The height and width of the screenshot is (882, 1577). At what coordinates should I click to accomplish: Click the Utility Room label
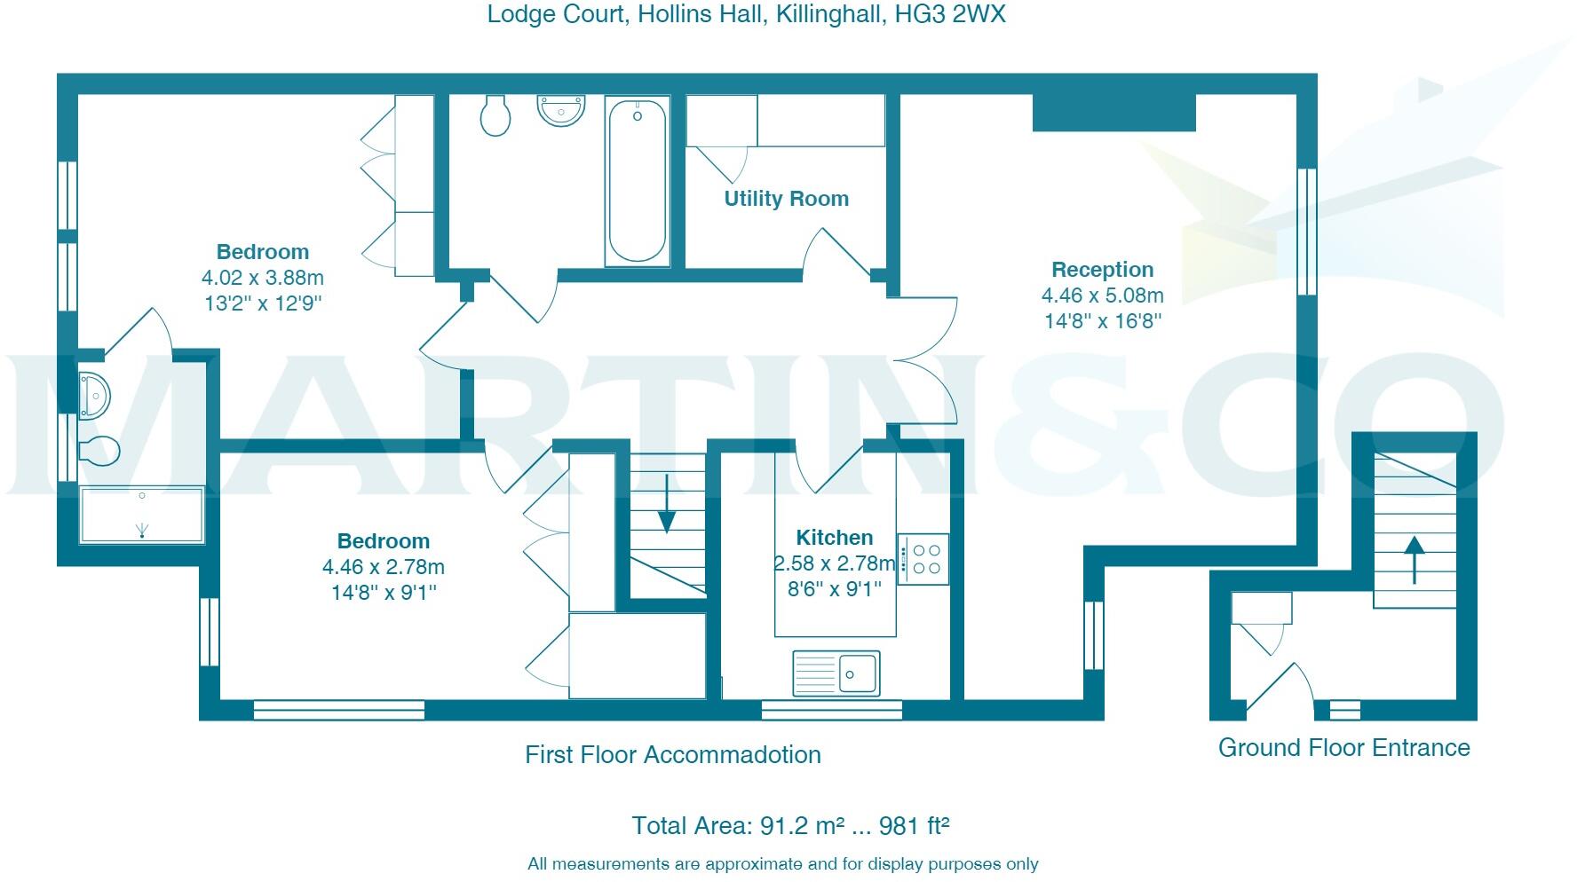pyautogui.click(x=786, y=199)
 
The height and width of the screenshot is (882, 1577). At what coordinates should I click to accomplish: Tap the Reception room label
pyautogui.click(x=1102, y=269)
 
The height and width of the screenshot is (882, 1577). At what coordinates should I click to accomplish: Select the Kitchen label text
pyautogui.click(x=834, y=537)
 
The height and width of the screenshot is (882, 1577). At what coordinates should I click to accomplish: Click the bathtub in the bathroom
pyautogui.click(x=637, y=181)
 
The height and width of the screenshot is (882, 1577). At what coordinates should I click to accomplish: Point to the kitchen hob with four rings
pyautogui.click(x=923, y=558)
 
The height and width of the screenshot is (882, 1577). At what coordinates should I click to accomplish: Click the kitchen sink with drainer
pyautogui.click(x=836, y=673)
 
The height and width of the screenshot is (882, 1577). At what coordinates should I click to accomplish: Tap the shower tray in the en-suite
pyautogui.click(x=142, y=515)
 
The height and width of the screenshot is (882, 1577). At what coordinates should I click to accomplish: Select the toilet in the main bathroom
pyautogui.click(x=495, y=115)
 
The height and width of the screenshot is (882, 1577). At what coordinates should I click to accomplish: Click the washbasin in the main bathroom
pyautogui.click(x=562, y=111)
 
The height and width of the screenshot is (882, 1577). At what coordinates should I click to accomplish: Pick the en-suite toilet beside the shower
pyautogui.click(x=99, y=451)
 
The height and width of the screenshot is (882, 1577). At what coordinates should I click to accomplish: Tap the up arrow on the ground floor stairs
pyautogui.click(x=1415, y=559)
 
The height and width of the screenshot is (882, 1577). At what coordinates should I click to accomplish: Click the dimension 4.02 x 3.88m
pyautogui.click(x=263, y=278)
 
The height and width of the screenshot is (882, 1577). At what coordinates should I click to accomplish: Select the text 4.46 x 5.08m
pyautogui.click(x=1102, y=295)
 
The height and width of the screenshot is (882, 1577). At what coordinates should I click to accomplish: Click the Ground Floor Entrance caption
pyautogui.click(x=1343, y=748)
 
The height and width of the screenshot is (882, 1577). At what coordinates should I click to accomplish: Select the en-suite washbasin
pyautogui.click(x=94, y=395)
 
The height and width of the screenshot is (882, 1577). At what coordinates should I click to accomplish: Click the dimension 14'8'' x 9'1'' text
pyautogui.click(x=384, y=592)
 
